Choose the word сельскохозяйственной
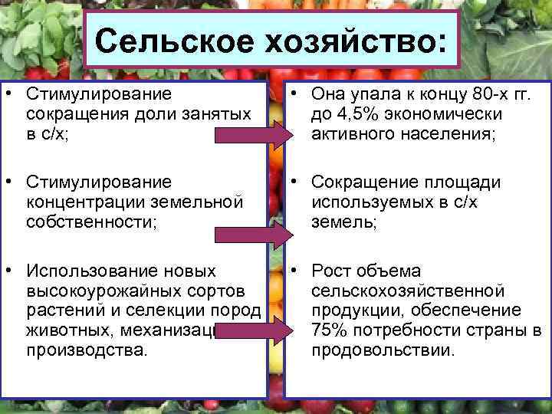[x=407, y=291]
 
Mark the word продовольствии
[x=383, y=350]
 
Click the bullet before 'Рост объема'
[x=295, y=271]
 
